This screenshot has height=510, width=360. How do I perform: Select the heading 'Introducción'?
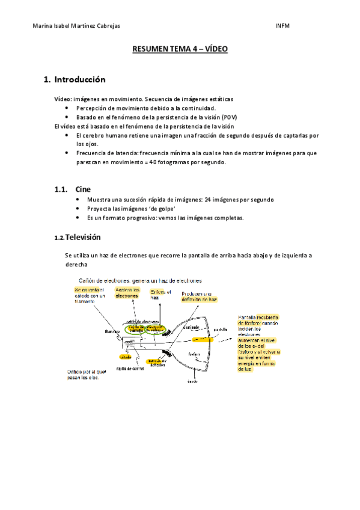pyautogui.click(x=79, y=79)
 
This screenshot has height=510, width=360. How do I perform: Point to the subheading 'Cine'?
pyautogui.click(x=84, y=189)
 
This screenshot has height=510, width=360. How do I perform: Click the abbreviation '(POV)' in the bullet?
pyautogui.click(x=228, y=117)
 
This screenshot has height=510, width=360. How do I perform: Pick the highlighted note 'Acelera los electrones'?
pyautogui.click(x=127, y=293)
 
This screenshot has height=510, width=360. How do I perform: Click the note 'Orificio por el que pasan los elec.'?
pyautogui.click(x=87, y=375)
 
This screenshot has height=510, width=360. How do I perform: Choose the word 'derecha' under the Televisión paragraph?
pyautogui.click(x=76, y=265)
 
